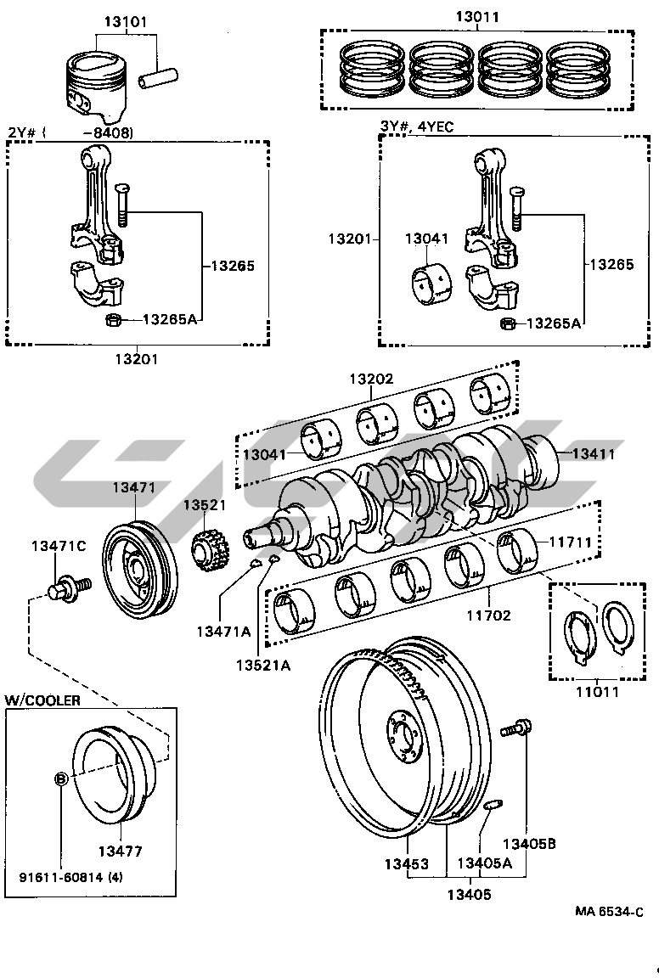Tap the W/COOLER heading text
tap(43, 700)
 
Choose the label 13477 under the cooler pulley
tap(119, 851)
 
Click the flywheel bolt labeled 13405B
tap(518, 728)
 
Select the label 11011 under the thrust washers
tap(595, 691)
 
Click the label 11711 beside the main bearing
tap(570, 540)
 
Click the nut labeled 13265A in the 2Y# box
tap(110, 320)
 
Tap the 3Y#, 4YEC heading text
tap(416, 126)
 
